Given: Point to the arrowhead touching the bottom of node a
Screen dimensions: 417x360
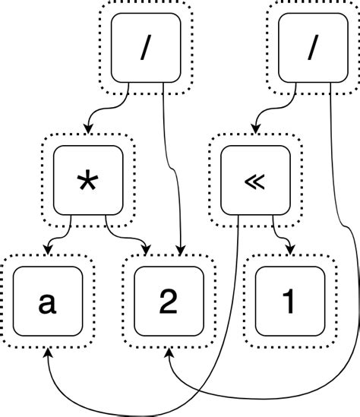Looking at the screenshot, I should click(x=49, y=355).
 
